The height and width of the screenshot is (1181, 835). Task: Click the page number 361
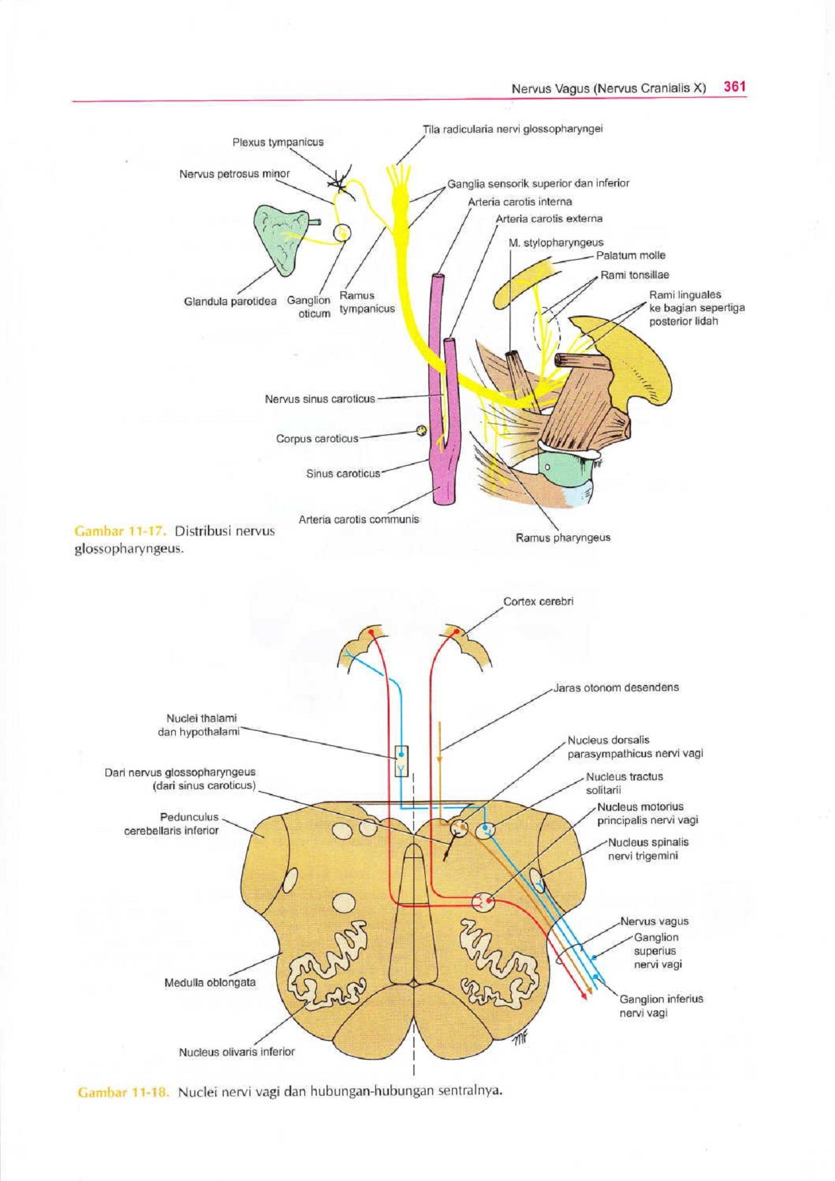coord(734,87)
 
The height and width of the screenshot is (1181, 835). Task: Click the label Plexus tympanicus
coord(277,142)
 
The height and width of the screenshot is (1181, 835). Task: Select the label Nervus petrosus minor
coord(234,174)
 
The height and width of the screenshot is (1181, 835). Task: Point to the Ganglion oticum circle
coord(342,233)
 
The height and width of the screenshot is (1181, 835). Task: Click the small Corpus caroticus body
coord(421,431)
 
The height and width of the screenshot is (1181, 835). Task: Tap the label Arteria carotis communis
coord(358,519)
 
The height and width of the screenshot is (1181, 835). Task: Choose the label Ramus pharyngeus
coord(563,537)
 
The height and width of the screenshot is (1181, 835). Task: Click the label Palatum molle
coord(630,255)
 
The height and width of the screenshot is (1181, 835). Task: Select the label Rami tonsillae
coord(634,275)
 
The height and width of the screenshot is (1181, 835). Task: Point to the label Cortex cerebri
coord(538,601)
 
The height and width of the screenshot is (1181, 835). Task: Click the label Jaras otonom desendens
coord(616,688)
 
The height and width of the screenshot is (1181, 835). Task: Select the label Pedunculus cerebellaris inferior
coord(171,823)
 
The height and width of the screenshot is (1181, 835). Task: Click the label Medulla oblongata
coord(210,982)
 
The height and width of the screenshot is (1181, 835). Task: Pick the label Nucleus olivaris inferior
coord(237,1052)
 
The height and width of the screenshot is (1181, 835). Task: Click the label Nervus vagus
coord(654,921)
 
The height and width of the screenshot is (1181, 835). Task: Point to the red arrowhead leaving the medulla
coord(582,996)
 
